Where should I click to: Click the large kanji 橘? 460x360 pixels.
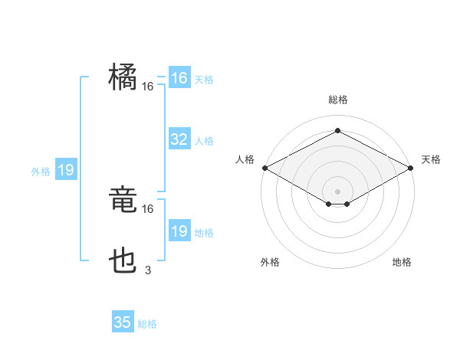123,77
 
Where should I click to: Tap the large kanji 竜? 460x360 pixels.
123,201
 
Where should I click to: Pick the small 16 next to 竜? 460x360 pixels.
148,208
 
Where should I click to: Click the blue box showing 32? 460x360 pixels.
179,139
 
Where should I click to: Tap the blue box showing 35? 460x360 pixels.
123,322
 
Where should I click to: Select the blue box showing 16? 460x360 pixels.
179,78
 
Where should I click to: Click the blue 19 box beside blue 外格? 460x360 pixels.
66,170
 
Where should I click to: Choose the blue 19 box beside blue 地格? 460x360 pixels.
179,231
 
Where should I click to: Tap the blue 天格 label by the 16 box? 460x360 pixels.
204,80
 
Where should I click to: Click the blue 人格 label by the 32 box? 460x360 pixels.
204,141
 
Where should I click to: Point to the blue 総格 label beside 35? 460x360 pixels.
147,324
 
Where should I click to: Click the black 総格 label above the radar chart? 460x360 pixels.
337,100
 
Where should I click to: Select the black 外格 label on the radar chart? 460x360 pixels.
270,262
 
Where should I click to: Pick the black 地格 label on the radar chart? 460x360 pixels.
402,262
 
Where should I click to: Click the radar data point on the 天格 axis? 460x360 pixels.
411,168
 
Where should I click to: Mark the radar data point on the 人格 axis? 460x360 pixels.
264,168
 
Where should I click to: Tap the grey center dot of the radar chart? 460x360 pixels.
337,191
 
